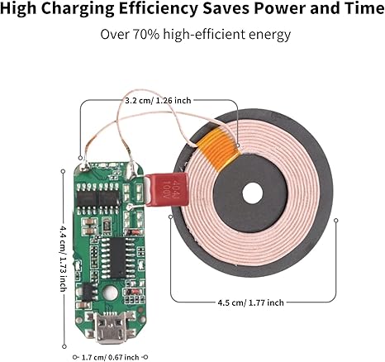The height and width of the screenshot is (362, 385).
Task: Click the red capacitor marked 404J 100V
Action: point(167,189)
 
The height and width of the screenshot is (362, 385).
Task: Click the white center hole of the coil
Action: point(253,193)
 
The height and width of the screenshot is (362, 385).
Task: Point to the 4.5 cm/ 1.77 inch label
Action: point(250,302)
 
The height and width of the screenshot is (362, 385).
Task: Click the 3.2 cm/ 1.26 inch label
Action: point(158,101)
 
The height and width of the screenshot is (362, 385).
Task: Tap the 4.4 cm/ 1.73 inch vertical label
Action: point(63,259)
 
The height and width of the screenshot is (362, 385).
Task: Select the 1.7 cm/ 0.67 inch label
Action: point(111,357)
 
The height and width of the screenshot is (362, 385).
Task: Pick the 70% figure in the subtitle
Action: point(146,35)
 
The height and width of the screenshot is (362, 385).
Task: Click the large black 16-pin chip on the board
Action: point(118,258)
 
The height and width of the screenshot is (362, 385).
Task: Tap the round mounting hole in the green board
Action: point(110,292)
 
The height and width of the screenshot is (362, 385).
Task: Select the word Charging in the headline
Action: point(78,9)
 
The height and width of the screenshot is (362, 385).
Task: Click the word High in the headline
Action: point(18,9)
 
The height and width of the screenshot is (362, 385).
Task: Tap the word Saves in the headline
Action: point(226,8)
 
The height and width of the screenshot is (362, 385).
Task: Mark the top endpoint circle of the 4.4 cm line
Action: point(63,171)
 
